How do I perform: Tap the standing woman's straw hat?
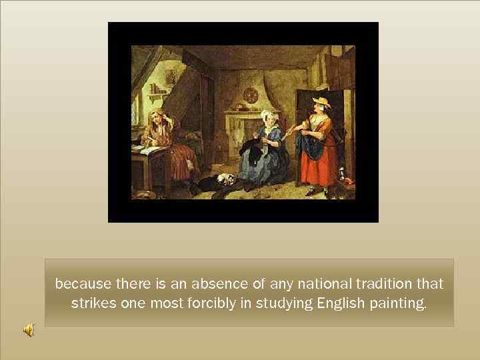click(x=322, y=102)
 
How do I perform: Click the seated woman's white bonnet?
click(x=268, y=116)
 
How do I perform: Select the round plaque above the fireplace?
click(x=251, y=95)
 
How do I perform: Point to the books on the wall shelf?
click(x=157, y=89)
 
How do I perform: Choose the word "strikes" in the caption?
click(x=92, y=303)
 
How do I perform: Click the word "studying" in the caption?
click(x=285, y=303)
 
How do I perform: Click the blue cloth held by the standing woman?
click(x=308, y=145)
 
